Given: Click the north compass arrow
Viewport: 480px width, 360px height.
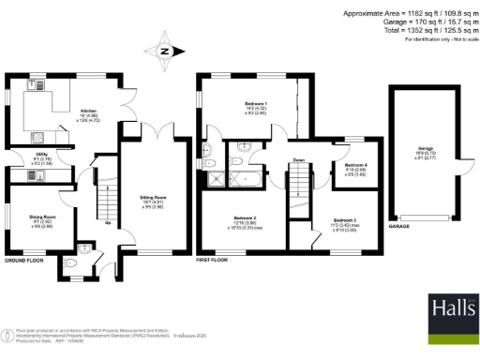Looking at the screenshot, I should click(165, 52).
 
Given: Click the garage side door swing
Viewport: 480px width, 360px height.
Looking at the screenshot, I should click(459, 174).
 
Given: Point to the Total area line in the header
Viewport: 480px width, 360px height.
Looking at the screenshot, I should click(414, 31).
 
